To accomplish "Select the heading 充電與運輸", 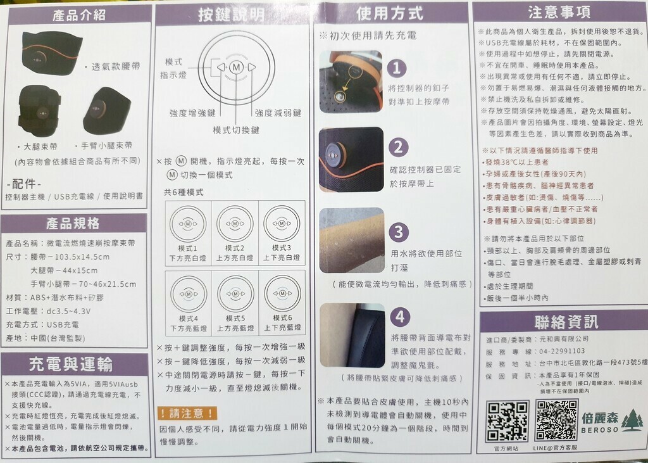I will click(x=71, y=364).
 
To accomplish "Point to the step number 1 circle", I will click(x=397, y=68).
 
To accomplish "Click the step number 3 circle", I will click(x=397, y=232).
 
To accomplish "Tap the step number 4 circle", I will click(x=399, y=316).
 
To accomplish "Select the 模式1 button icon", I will click(x=187, y=224).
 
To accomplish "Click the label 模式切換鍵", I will click(x=236, y=130).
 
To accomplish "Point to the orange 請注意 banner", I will click(x=187, y=414).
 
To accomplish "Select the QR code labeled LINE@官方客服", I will click(x=556, y=421).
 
